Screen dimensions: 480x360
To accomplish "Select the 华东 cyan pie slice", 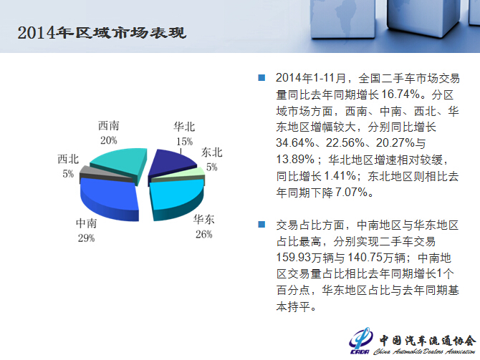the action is pos(176,198).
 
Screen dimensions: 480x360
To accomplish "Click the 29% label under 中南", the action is pos(86,238).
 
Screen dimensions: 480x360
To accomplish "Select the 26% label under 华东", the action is pos(204,234).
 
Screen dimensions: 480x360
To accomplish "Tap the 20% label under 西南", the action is pos(109,140).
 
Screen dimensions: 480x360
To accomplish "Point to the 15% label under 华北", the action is pos(184,141).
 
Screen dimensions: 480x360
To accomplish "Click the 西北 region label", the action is pos(68,159).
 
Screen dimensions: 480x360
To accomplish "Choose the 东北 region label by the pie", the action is pos(211,152).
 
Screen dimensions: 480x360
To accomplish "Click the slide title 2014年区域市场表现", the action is pos(102,33).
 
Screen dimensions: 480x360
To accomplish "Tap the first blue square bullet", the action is pos(261,77).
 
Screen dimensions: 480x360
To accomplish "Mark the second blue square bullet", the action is pos(261,225).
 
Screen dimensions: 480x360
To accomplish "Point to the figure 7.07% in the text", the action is pos(352,192).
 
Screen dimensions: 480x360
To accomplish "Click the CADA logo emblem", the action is pos(360,341).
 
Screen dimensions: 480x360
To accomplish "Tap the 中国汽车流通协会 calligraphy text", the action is pos(428,341).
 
